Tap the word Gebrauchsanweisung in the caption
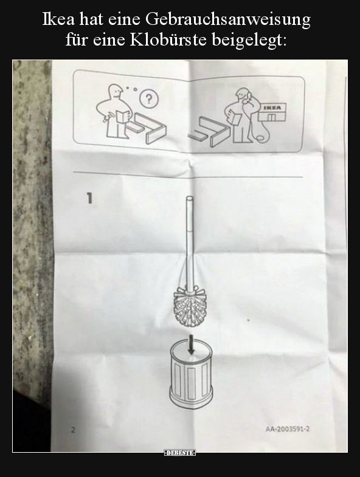227,21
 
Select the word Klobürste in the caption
168,40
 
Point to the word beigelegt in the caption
249,41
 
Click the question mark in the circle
148,99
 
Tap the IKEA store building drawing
272,112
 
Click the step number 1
89,198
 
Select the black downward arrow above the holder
191,345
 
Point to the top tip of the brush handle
189,196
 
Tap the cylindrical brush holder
191,374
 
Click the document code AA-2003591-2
288,429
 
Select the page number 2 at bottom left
73,430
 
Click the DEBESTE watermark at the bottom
179,453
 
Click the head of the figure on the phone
243,94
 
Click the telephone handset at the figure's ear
248,97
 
